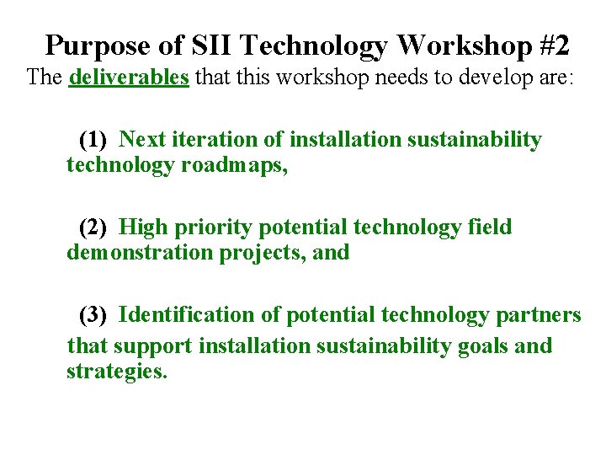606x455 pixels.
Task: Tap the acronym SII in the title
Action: click(x=198, y=44)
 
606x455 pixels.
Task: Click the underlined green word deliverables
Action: click(x=129, y=78)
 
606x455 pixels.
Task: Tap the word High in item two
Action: click(x=143, y=227)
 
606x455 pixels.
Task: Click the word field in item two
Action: click(x=491, y=227)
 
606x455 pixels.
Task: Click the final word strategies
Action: click(x=116, y=372)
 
